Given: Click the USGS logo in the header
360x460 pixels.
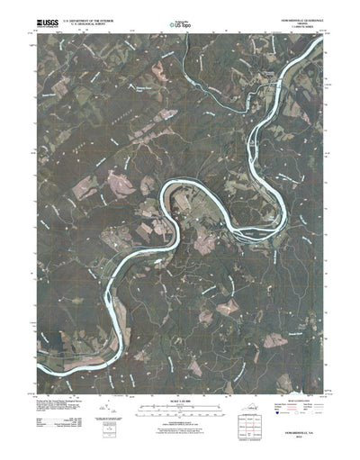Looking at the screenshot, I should [x=45, y=19].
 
